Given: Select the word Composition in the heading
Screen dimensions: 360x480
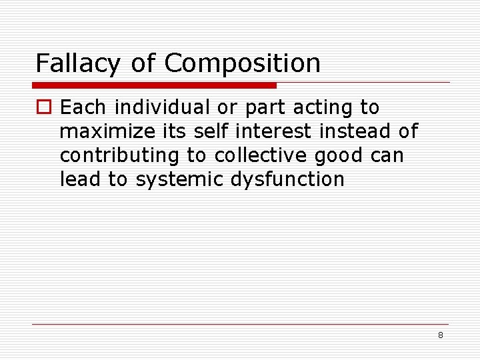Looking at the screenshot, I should [x=242, y=64].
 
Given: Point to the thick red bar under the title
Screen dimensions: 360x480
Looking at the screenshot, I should [x=154, y=85].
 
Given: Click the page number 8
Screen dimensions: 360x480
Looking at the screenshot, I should [x=440, y=335].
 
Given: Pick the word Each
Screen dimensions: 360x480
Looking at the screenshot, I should [x=81, y=107].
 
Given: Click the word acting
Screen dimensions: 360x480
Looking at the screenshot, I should [x=317, y=108].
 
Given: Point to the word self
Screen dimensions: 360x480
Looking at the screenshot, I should [x=212, y=131].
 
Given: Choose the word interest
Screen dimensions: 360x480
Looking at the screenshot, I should [x=271, y=131].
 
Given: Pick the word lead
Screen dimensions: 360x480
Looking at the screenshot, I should [x=79, y=179].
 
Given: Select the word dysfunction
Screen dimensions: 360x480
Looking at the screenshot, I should [x=287, y=179].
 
